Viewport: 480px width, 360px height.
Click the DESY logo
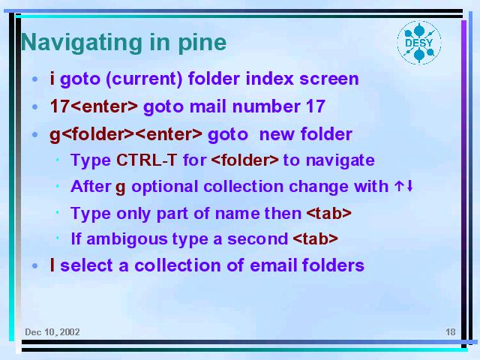(419, 43)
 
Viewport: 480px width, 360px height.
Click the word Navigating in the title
(82, 43)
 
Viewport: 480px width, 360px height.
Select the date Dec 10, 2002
(52, 332)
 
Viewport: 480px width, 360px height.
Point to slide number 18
(450, 332)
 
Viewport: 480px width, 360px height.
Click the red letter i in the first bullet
(52, 78)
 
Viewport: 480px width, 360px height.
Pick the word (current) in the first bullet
(144, 79)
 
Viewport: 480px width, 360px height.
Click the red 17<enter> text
(94, 106)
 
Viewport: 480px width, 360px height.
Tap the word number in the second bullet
(266, 106)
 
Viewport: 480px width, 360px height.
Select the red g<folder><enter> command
(126, 135)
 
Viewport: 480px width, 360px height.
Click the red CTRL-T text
(147, 160)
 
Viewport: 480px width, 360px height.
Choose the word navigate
(340, 160)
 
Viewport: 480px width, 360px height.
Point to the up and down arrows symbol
(403, 186)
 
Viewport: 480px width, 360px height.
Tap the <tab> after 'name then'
(328, 213)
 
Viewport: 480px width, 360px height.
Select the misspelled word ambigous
(127, 239)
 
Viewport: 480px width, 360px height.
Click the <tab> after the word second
(315, 238)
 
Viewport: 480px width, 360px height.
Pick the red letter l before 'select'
(52, 265)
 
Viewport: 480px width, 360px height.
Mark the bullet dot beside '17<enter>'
(35, 106)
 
